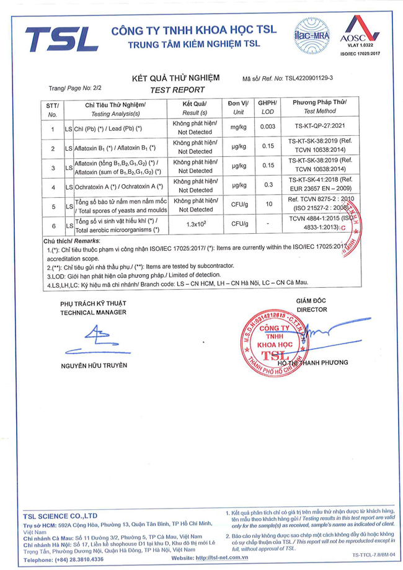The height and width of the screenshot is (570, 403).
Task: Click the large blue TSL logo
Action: [x=61, y=39]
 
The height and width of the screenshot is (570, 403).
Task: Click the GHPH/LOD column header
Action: [x=267, y=107]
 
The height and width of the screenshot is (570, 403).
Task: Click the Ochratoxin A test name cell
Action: [x=118, y=187]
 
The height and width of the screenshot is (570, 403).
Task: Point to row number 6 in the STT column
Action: [x=53, y=226]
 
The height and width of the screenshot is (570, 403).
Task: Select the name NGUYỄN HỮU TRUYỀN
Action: [x=94, y=365]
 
